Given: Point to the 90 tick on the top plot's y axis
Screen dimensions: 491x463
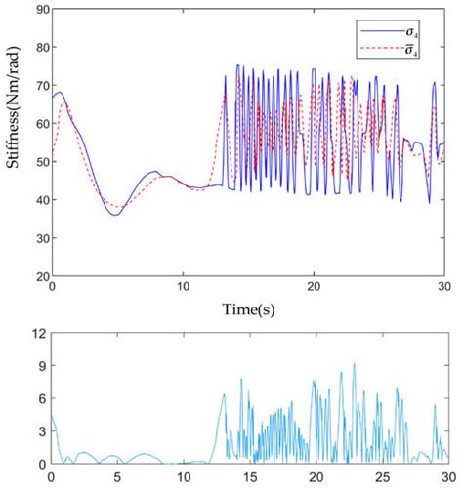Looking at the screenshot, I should (38, 11).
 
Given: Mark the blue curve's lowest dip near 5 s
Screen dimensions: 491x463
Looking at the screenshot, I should (115, 215).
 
